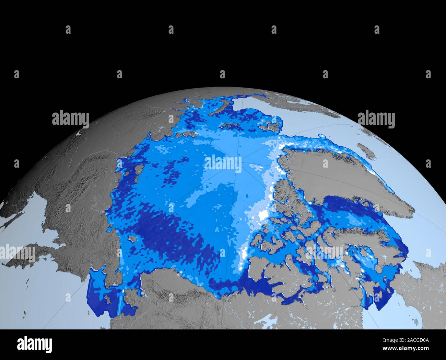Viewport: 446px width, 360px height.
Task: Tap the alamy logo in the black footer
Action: coord(34,344)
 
